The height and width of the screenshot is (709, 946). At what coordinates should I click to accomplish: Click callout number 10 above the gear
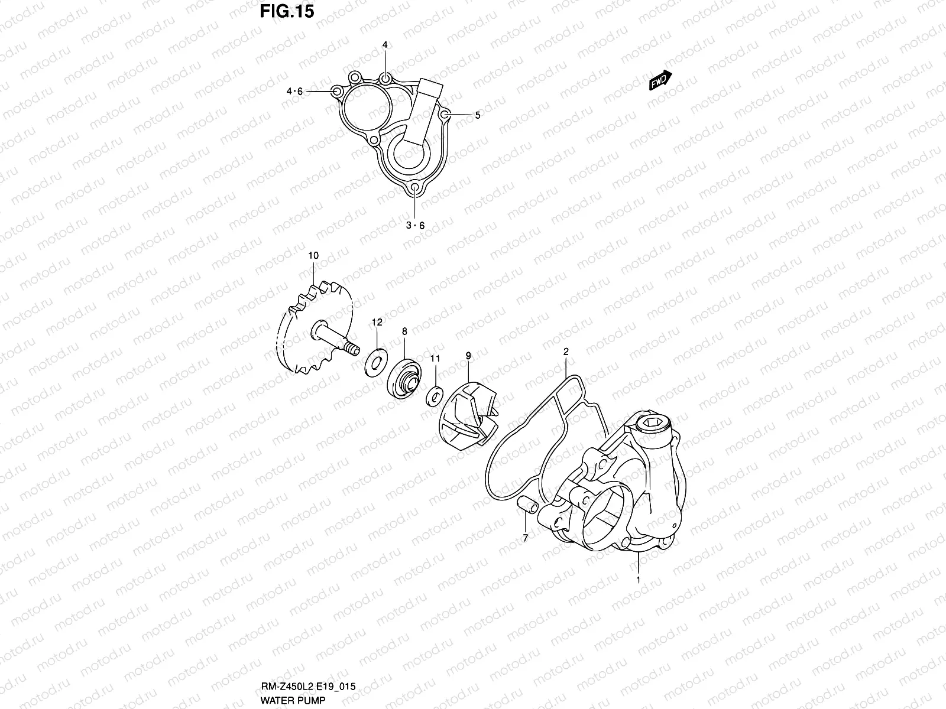pos(313,255)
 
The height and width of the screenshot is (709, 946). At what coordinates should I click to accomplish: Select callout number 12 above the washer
pos(377,322)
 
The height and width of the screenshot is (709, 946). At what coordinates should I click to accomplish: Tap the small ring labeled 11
pos(435,395)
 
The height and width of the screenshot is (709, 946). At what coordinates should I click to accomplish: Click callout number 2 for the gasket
pos(566,352)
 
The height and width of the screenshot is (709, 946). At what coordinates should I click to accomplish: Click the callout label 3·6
pos(415,225)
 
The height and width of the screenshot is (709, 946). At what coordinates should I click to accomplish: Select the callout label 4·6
pos(294,92)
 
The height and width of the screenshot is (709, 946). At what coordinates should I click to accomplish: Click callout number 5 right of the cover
pos(478,115)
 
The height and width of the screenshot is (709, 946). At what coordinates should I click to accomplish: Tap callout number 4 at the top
pos(385,45)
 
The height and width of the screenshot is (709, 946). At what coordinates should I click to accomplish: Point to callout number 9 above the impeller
pos(468,356)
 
